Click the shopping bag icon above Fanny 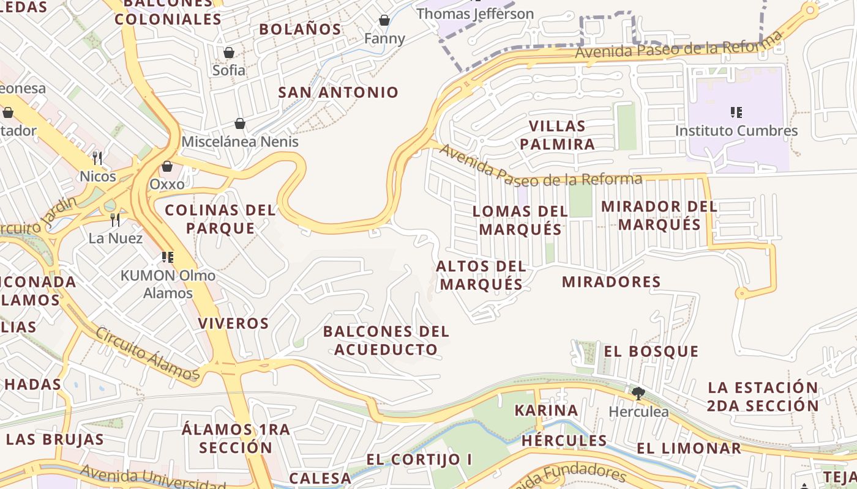(384, 21)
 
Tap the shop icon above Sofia (228, 53)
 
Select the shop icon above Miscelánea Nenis (240, 124)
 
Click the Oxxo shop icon (167, 166)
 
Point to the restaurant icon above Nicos (97, 158)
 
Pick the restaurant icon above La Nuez (115, 220)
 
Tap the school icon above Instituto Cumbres (736, 112)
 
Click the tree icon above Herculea (638, 393)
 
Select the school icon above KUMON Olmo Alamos (168, 257)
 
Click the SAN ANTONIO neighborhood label (339, 93)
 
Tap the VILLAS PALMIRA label (557, 135)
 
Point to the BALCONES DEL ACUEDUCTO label (386, 340)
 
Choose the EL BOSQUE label (651, 351)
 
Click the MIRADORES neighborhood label (611, 282)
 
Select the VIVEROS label (233, 323)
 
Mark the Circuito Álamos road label (147, 354)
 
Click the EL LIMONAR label (689, 448)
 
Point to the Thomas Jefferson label (475, 13)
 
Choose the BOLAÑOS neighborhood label (300, 29)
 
